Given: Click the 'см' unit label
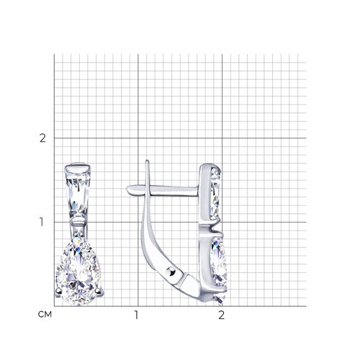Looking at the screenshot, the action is point(45,315).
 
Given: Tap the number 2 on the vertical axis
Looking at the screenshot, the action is point(42,138).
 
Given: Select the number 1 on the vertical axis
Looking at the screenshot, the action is point(42,222).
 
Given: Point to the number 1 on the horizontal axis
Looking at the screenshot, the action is point(136,315).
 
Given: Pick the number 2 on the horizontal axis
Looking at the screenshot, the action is point(222,315).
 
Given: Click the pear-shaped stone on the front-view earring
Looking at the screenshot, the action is point(78,274).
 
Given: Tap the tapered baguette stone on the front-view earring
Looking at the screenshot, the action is point(78,193).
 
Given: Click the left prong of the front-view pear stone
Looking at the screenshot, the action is point(58,292).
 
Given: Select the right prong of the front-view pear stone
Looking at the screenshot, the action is point(98,291).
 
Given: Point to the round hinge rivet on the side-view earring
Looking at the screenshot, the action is point(171,271).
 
